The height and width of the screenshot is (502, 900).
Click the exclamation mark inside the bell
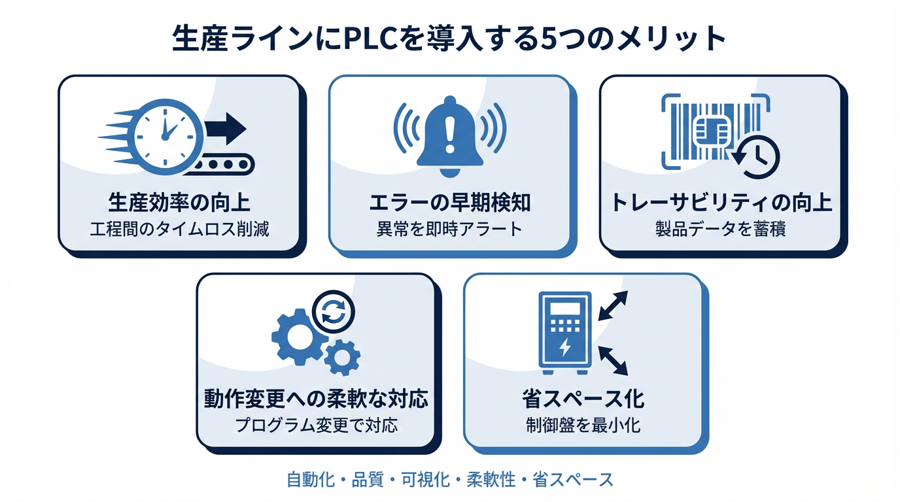[449, 132]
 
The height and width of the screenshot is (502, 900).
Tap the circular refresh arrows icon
[334, 311]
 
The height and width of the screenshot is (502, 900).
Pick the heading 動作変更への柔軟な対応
[316, 398]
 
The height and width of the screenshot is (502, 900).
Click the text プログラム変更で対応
[316, 426]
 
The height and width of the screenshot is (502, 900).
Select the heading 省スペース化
[583, 398]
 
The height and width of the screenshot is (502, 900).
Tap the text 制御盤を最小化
[583, 426]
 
